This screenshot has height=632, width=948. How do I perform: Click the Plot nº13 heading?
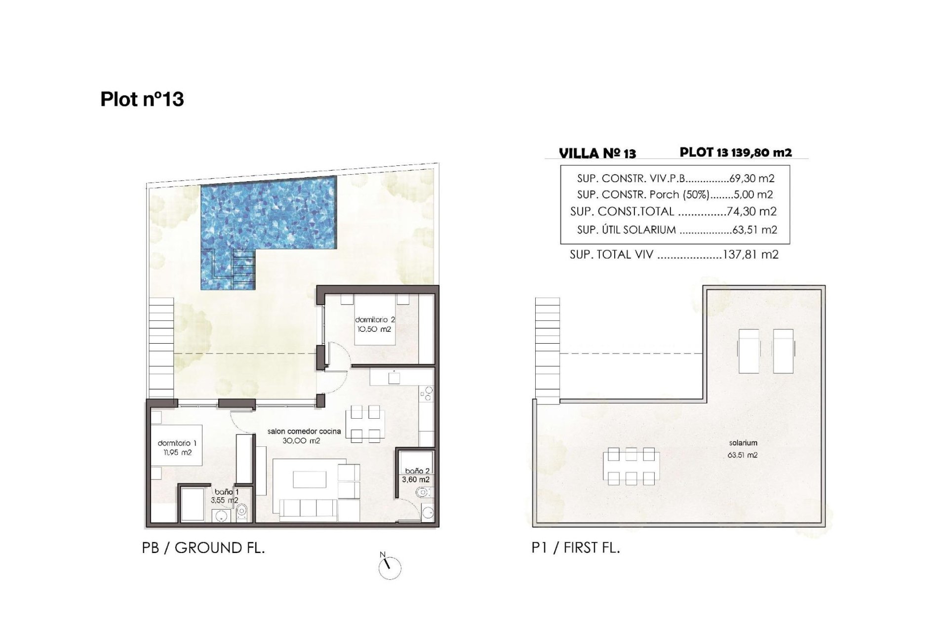142,99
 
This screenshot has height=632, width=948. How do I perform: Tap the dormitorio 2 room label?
375,320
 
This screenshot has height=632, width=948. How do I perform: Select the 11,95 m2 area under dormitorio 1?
177,452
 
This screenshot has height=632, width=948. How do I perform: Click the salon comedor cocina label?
304,431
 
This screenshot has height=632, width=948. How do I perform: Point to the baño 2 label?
417,471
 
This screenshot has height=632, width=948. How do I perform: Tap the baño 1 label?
227,492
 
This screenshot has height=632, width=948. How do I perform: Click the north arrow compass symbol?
390,568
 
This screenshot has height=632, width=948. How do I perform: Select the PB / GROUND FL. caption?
203,548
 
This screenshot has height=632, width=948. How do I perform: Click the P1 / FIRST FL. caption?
576,548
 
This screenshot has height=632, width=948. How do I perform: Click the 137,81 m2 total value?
750,255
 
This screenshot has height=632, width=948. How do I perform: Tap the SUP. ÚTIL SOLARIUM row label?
626,230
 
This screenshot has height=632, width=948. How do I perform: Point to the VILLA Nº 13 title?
597,153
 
